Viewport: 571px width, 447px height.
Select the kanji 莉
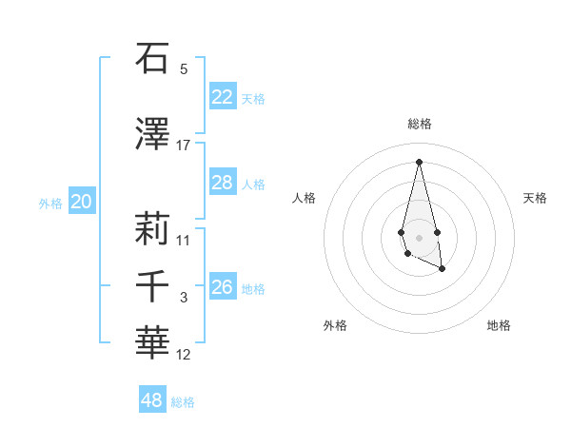click(x=152, y=229)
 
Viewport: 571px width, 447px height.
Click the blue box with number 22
click(x=223, y=97)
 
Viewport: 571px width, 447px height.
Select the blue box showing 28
click(x=223, y=183)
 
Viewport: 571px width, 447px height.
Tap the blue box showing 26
click(x=223, y=287)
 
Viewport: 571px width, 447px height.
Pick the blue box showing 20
click(x=82, y=202)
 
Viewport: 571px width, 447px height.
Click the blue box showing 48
click(x=152, y=400)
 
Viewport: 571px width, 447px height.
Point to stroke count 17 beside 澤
click(x=184, y=146)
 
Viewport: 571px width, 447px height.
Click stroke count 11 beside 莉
click(x=184, y=241)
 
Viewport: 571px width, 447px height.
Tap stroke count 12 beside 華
click(x=184, y=355)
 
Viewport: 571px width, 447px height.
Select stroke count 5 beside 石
click(x=184, y=69)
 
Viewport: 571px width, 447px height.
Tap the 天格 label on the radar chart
click(x=536, y=198)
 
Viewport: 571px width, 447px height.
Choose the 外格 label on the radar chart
click(x=335, y=325)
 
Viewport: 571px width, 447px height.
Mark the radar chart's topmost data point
click(x=419, y=162)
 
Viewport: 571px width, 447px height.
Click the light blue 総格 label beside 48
click(x=183, y=402)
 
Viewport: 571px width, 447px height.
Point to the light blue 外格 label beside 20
click(x=50, y=204)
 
